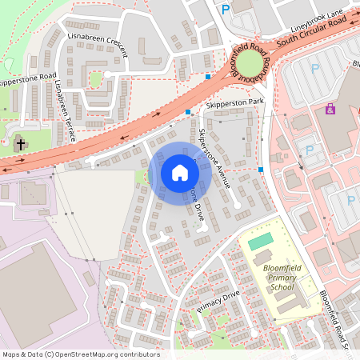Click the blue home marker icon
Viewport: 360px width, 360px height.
point(180,173)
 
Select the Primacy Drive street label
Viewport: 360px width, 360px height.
point(218,302)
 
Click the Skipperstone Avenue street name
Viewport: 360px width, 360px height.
point(214,158)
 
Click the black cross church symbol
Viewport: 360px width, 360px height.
point(21,145)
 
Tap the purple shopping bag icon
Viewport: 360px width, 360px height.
point(330,109)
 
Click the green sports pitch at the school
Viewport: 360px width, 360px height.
point(260,241)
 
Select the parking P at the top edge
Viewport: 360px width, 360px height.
point(226,9)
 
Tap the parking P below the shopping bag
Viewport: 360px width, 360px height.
point(310,150)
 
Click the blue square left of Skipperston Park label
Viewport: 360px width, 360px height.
point(188,112)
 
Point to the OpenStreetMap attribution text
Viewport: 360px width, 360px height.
point(81,354)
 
